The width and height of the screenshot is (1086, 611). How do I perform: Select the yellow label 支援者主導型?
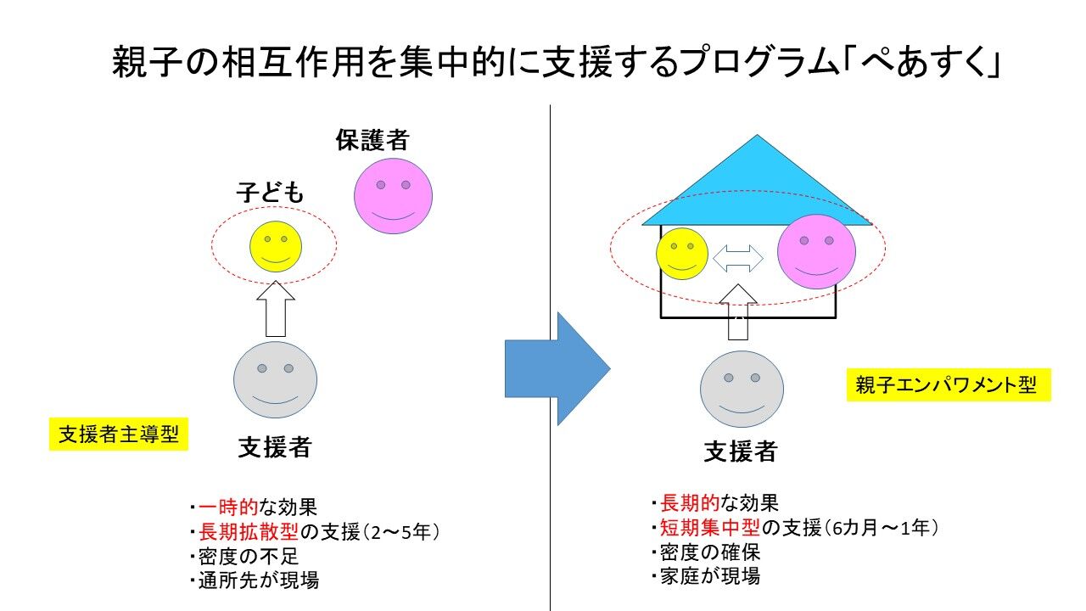118,434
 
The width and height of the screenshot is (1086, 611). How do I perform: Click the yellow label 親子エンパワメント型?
948,386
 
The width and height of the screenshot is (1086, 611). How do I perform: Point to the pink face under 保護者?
393,197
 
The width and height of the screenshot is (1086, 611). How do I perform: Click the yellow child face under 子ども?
276,247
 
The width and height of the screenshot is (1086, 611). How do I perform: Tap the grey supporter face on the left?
275,379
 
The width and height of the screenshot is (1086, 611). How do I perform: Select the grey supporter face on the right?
742,389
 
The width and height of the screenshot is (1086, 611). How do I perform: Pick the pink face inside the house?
816,251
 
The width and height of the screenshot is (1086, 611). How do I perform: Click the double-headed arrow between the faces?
738,258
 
